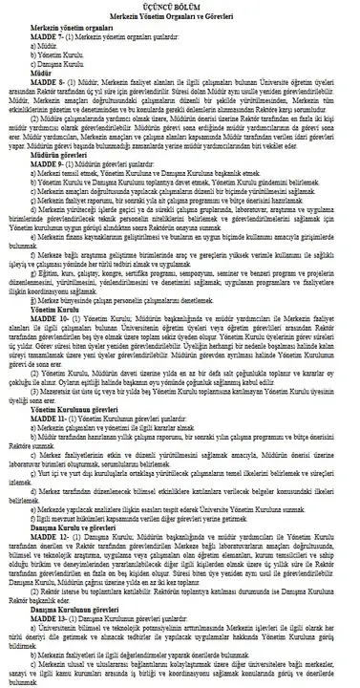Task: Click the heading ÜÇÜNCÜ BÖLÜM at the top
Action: pyautogui.click(x=180, y=6)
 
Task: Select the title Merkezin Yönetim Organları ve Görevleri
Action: pyautogui.click(x=180, y=17)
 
